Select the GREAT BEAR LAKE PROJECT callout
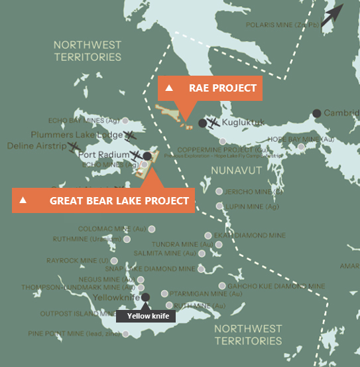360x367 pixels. coord(103,200)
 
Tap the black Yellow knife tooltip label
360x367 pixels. coord(146,316)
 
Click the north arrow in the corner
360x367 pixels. coord(333,13)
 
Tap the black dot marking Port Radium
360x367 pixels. coord(147,155)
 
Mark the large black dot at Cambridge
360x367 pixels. coord(317,113)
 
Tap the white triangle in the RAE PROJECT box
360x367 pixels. coord(169,88)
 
